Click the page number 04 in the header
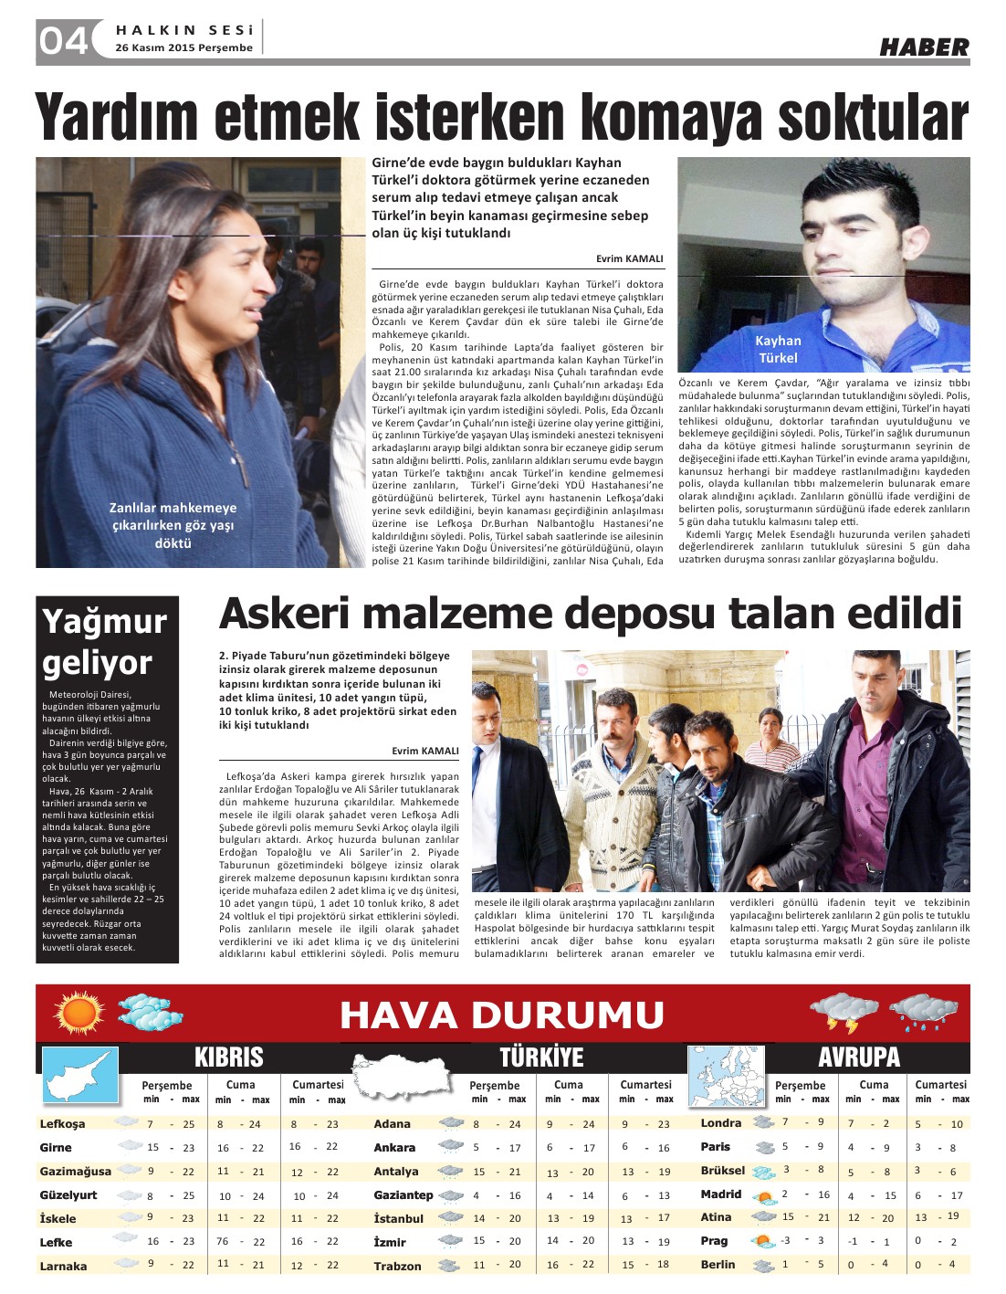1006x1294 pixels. coord(63,40)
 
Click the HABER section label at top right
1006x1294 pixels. coord(924,47)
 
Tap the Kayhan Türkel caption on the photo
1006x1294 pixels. coord(778,349)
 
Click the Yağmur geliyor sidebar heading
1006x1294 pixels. coord(104,642)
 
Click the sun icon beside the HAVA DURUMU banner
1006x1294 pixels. coord(79,1012)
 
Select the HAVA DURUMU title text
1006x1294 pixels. coord(501,1015)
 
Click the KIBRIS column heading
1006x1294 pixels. coord(228,1057)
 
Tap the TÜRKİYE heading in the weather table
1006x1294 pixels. coord(541,1057)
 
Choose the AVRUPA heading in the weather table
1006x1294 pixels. coord(859,1057)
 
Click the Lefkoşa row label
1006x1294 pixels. coord(62,1124)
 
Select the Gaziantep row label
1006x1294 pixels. coord(403,1194)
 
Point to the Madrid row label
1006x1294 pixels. coord(721,1194)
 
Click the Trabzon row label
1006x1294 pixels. coord(397,1266)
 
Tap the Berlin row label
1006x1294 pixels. coord(718,1265)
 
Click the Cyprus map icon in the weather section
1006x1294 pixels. coord(80,1075)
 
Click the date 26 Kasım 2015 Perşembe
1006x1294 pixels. coord(183,47)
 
